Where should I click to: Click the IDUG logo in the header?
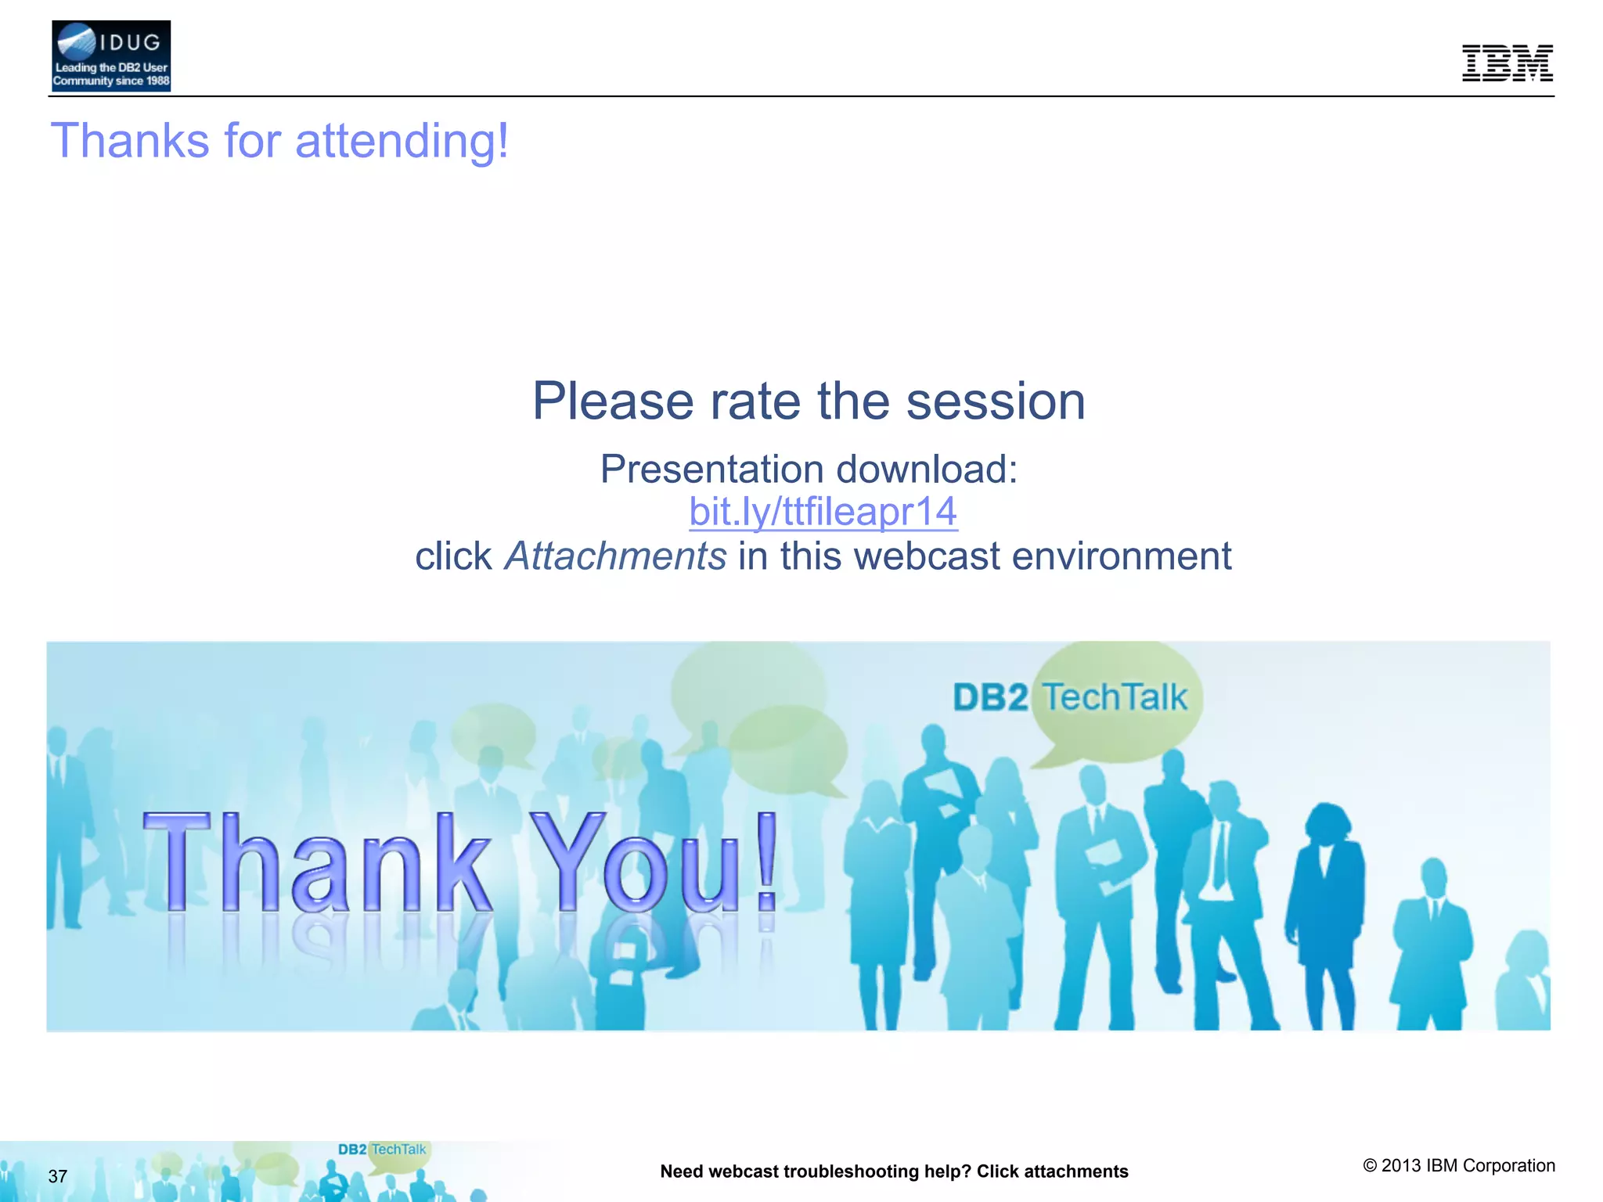(111, 56)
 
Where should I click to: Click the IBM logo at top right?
(1507, 63)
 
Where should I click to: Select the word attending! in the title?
(402, 142)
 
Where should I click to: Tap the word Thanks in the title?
(130, 142)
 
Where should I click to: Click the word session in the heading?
(996, 401)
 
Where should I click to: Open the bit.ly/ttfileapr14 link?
(823, 512)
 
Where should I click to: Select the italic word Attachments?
(615, 556)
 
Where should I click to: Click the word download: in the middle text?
(927, 470)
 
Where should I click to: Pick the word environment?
(1122, 556)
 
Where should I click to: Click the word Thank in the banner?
(316, 862)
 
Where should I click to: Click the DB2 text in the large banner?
(990, 697)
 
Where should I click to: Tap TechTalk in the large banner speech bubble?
(1115, 697)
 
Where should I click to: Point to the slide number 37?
(58, 1176)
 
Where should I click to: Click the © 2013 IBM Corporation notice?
(1459, 1165)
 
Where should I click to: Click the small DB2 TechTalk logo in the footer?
(382, 1150)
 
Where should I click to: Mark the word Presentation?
(711, 470)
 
